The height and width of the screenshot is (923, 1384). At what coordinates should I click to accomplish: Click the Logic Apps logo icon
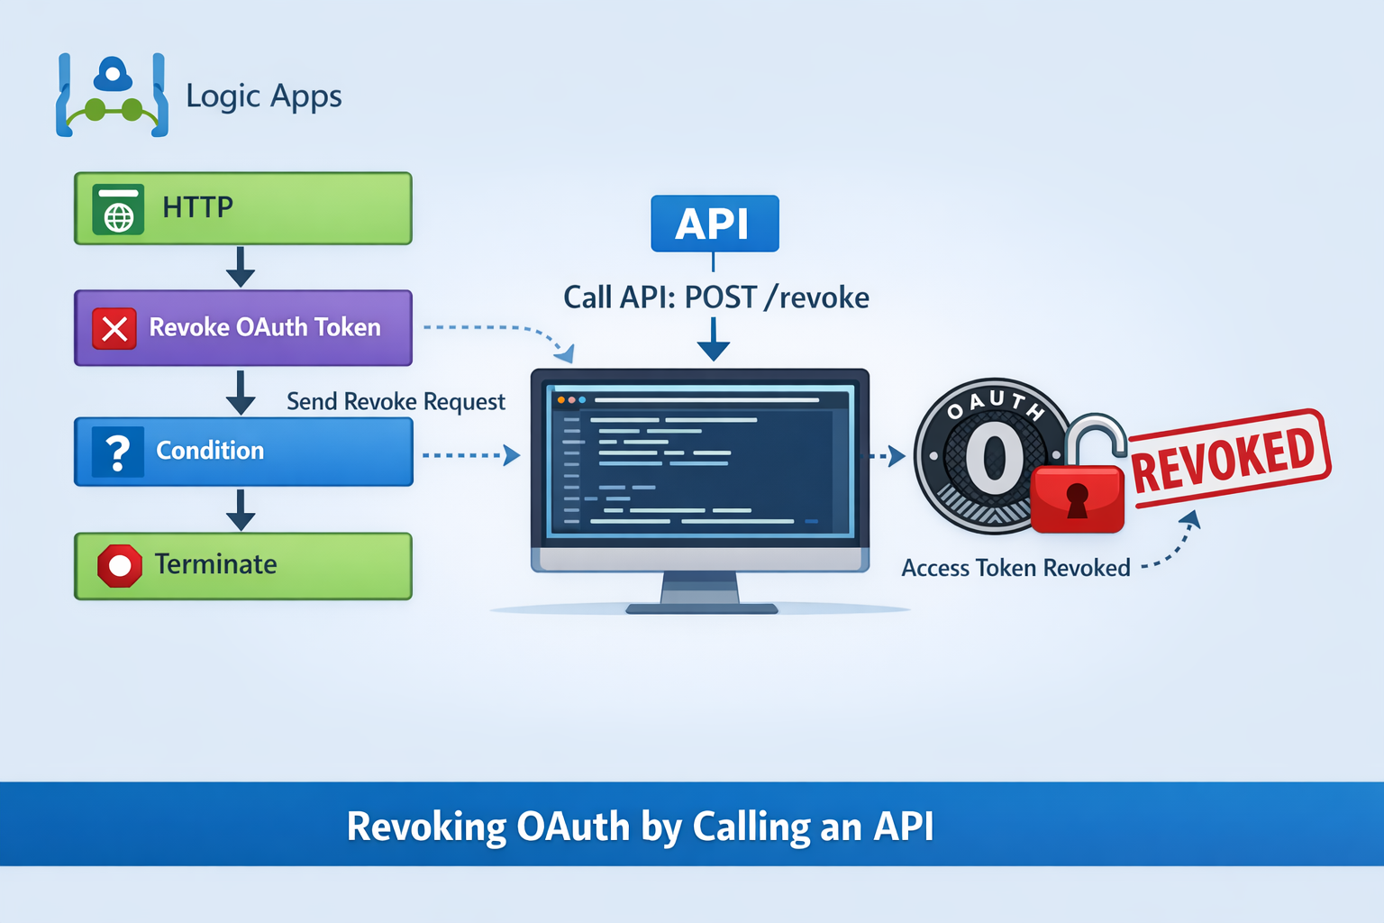[112, 96]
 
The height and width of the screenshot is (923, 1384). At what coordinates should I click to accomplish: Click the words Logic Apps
[264, 96]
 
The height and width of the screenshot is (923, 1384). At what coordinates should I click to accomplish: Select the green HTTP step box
[242, 208]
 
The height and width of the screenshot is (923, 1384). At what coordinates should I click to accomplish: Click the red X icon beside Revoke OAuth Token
[114, 328]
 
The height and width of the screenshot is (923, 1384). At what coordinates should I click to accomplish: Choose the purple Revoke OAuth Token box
[242, 328]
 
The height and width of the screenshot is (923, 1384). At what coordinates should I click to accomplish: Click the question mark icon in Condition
[117, 452]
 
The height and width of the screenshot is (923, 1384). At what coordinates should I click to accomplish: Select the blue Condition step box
[243, 452]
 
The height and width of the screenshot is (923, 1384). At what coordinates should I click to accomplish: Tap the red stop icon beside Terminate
[120, 565]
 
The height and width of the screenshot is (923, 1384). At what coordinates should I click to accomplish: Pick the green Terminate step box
[242, 566]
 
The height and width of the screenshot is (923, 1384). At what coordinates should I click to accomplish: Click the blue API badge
[715, 224]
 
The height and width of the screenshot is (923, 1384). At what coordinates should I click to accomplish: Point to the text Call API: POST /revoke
[716, 297]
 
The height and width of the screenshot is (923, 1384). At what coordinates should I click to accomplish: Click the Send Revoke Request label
[396, 401]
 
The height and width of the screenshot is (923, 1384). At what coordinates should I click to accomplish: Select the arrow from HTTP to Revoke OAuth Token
[241, 267]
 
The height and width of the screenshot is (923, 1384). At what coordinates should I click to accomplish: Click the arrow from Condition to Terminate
[241, 510]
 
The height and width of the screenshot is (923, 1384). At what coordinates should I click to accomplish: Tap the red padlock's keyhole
[1077, 499]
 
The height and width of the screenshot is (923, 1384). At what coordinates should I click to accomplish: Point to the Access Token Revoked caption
[1015, 568]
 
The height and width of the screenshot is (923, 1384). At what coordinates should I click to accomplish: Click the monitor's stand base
[701, 608]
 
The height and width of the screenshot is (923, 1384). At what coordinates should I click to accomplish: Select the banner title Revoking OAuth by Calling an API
[640, 826]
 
